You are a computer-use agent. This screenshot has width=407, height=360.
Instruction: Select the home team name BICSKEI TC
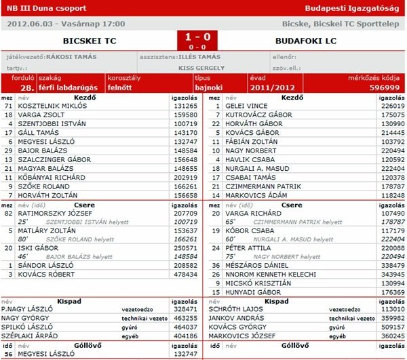pos(89,41)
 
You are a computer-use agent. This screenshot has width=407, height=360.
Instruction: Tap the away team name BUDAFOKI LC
pos(306,41)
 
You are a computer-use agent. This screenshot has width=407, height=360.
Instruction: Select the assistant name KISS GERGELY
pos(203,68)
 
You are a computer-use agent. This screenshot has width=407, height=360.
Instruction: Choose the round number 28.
pos(26,87)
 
